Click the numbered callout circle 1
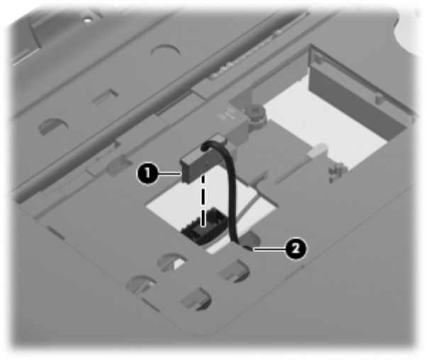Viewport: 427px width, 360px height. pos(148,173)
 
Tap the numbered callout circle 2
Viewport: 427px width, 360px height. pos(296,249)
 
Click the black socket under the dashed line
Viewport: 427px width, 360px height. pos(204,225)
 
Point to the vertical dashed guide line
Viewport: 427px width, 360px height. pos(203,201)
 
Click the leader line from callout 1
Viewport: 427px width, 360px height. pos(170,173)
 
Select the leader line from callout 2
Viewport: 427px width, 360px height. pos(269,249)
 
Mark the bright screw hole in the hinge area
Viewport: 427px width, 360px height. pos(87,20)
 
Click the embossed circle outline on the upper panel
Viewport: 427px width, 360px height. pos(165,50)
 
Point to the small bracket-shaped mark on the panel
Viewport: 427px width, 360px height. pos(106,96)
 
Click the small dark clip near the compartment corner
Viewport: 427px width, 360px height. pos(337,171)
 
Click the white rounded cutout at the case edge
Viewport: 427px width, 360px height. pos(411,31)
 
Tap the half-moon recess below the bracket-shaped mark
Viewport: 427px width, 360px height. pos(52,126)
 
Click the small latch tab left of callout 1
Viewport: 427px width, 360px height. pos(119,164)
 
